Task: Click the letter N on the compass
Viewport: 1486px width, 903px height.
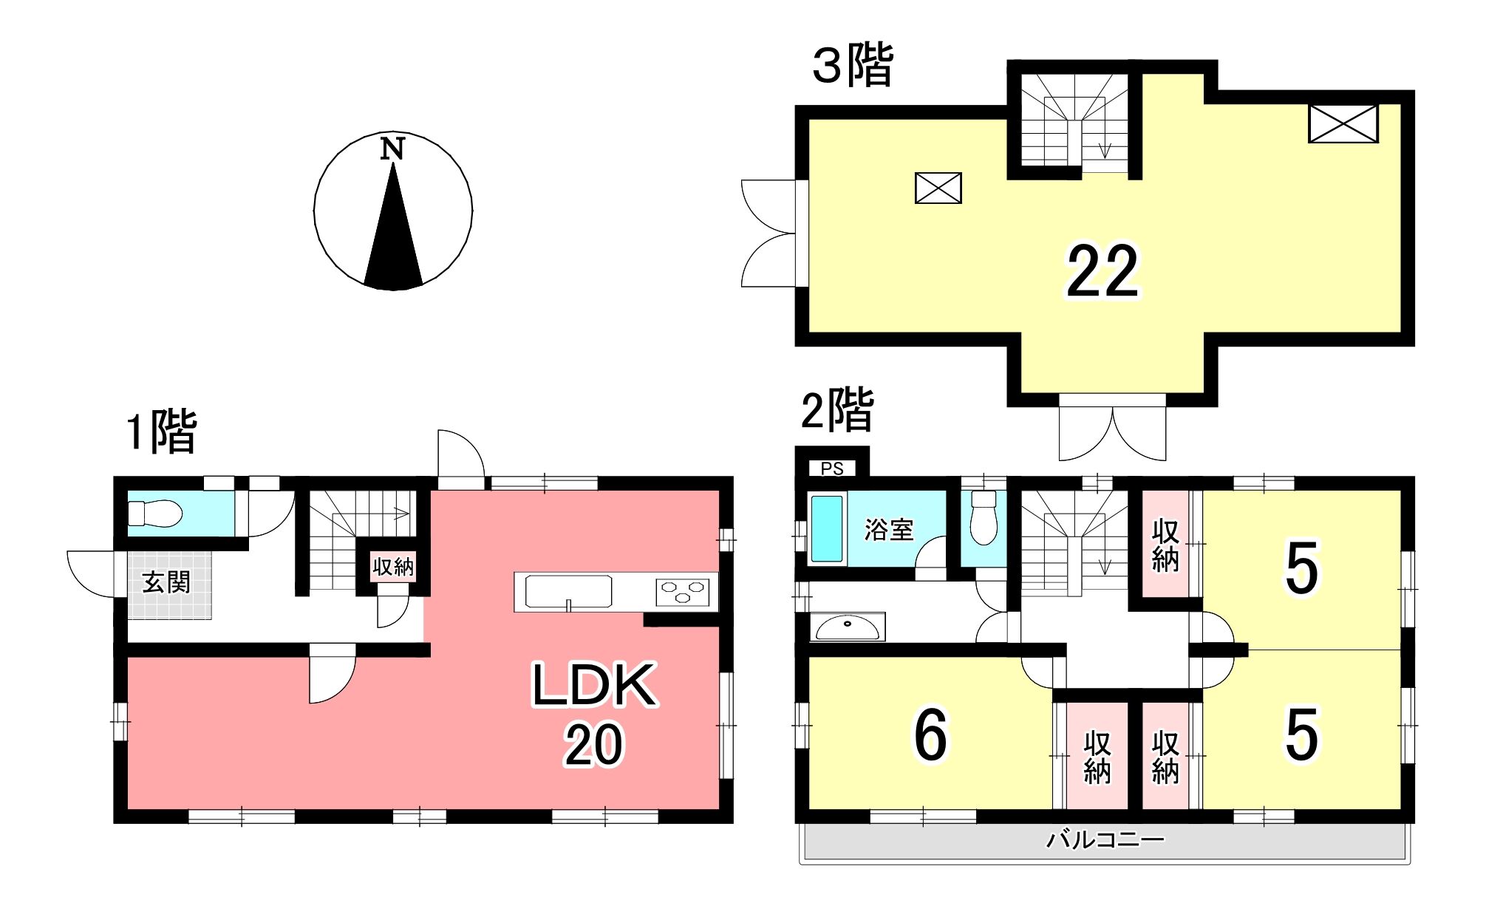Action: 392,149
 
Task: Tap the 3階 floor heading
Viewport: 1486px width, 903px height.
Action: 853,65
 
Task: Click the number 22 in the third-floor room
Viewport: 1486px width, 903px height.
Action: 1102,272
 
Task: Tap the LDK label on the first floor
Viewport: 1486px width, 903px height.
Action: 594,686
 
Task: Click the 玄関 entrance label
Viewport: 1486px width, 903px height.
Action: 167,582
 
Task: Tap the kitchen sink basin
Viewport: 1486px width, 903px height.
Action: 568,592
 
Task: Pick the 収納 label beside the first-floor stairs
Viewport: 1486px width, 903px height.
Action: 393,568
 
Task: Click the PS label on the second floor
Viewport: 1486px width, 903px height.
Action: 832,469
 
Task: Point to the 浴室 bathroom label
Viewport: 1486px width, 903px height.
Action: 889,530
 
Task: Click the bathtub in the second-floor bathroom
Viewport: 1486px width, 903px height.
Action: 827,528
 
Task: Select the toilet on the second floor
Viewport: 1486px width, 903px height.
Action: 984,518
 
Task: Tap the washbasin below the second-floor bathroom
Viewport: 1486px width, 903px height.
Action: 847,627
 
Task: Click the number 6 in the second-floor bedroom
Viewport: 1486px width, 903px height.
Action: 930,735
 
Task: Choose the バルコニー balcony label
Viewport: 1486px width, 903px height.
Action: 1105,840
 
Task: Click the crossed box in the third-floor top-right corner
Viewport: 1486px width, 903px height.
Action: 1343,123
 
